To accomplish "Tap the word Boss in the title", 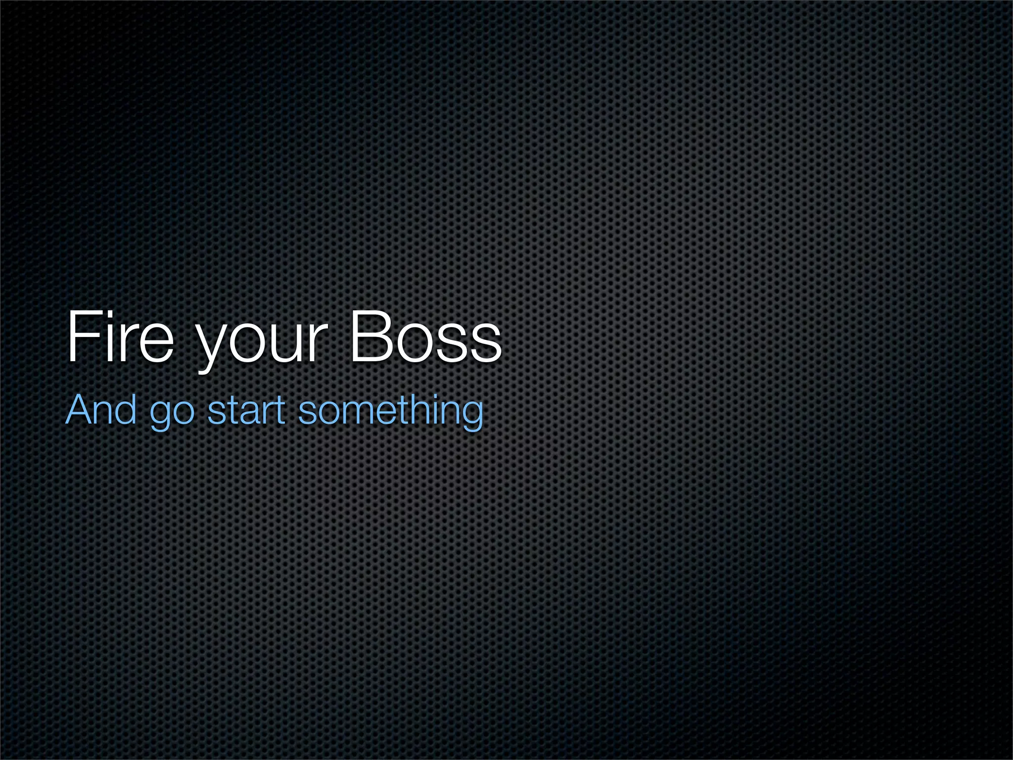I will point(425,336).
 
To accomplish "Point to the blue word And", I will point(101,410).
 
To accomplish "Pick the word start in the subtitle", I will point(246,410).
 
